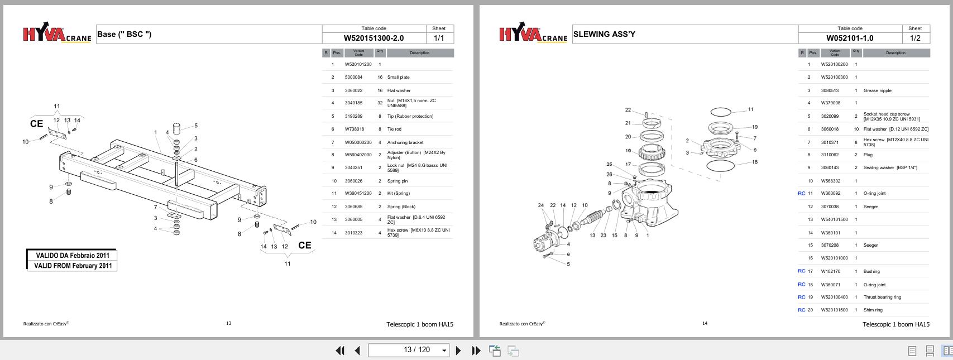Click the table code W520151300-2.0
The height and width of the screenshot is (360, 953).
[373, 39]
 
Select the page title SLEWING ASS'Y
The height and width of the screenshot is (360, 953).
[604, 34]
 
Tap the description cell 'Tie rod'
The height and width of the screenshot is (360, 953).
[394, 129]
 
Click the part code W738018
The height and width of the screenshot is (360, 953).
[354, 129]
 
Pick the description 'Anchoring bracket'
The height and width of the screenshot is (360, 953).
[405, 142]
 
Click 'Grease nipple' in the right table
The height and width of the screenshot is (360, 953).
[877, 90]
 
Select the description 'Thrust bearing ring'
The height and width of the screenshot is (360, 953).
[882, 297]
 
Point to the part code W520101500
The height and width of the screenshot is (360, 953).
[834, 310]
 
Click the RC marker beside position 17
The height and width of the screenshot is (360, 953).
[801, 271]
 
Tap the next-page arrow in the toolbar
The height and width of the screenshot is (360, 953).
[458, 351]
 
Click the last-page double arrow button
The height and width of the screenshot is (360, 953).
[476, 351]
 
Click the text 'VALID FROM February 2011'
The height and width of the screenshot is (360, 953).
[73, 266]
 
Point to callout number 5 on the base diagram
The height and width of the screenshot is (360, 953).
[196, 126]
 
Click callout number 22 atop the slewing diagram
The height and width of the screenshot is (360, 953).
[628, 110]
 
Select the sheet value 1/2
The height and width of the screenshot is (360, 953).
[915, 39]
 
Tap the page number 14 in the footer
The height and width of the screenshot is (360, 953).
[705, 323]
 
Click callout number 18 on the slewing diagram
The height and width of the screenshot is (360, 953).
[755, 162]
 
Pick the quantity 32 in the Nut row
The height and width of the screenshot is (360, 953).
[380, 103]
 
